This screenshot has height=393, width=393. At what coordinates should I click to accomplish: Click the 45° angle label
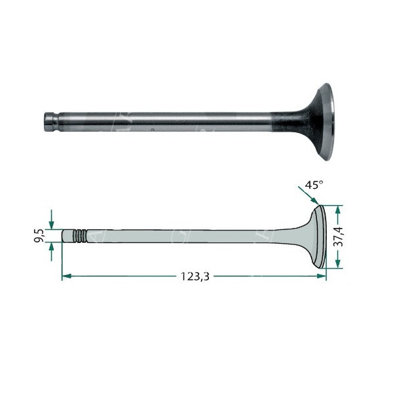(x=314, y=185)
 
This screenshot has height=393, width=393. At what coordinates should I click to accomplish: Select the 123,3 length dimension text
(x=195, y=276)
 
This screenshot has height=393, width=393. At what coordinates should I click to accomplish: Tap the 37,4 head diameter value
(x=339, y=236)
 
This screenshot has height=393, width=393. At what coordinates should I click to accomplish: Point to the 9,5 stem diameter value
(x=39, y=236)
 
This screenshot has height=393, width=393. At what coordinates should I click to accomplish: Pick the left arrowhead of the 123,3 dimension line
(x=67, y=276)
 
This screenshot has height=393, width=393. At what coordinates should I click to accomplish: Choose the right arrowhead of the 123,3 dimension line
(x=322, y=276)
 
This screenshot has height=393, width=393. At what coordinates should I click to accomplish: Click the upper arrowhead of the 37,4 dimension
(x=338, y=210)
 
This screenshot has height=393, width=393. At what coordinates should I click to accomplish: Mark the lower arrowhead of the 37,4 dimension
(x=338, y=263)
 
